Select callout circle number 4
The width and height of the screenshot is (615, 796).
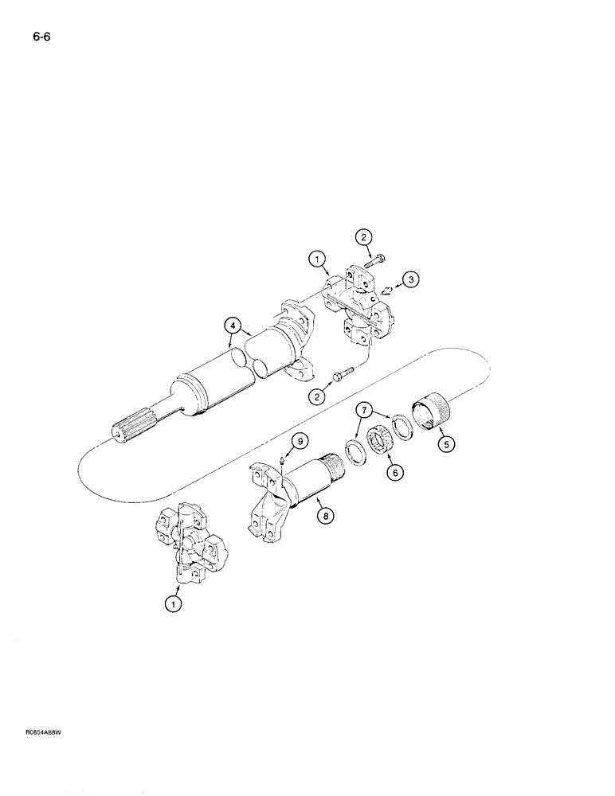point(231,325)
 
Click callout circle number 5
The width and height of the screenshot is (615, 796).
point(446,445)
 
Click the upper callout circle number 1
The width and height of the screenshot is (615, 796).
point(315,258)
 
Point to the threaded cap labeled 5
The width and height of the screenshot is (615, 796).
point(430,414)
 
